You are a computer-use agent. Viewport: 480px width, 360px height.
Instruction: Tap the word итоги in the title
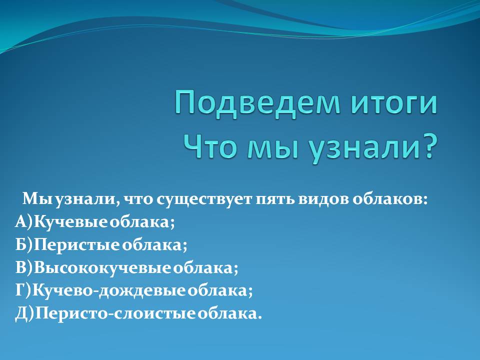point(393,104)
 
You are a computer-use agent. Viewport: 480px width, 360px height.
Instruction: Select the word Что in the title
point(210,146)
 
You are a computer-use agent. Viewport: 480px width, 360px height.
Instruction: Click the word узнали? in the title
point(372,148)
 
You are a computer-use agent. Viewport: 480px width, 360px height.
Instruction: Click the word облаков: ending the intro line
point(389,199)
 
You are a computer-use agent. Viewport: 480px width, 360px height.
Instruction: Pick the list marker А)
point(24,221)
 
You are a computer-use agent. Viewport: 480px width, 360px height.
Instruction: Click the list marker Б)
point(24,244)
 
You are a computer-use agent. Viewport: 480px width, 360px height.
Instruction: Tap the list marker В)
point(24,267)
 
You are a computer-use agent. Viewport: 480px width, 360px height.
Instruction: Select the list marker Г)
point(23,290)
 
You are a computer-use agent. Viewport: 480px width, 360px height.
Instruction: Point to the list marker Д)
point(25,313)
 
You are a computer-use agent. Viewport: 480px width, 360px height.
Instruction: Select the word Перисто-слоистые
point(115,314)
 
